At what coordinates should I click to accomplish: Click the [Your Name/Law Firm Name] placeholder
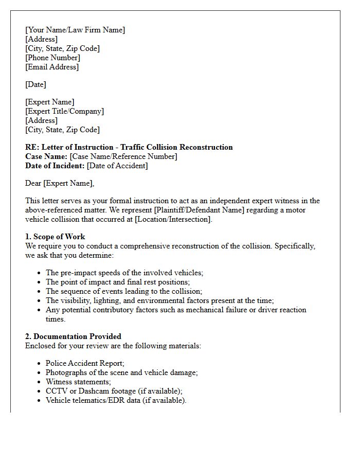point(75,30)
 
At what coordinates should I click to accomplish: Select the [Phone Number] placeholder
point(52,58)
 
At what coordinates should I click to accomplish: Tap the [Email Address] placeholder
point(52,67)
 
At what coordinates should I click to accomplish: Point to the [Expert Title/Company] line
point(64,111)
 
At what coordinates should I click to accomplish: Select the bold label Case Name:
point(46,156)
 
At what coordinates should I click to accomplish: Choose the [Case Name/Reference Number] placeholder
point(123,156)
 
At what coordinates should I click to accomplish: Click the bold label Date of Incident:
point(55,166)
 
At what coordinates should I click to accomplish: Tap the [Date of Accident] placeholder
point(117,166)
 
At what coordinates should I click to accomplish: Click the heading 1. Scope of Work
point(55,237)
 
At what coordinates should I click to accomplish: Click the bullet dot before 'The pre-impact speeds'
point(39,273)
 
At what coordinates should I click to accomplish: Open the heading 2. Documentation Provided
point(73,336)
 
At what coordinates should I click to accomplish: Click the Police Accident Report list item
point(85,363)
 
